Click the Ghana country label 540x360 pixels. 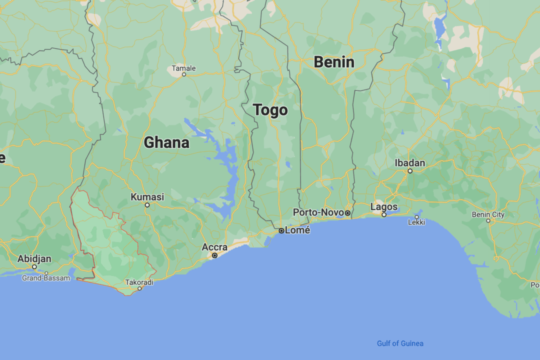click(166, 143)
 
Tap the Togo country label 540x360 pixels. click(270, 110)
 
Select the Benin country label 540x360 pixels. click(334, 62)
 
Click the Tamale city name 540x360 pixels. click(183, 68)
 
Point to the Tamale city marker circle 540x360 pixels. click(184, 74)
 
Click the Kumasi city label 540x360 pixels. click(147, 197)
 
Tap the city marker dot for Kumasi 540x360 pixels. click(147, 205)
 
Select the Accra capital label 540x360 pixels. click(214, 247)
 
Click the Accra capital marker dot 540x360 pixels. click(214, 255)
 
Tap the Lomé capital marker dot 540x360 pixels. click(281, 230)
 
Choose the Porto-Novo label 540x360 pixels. click(318, 212)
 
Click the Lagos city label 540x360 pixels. click(384, 206)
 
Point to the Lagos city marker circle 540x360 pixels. click(384, 214)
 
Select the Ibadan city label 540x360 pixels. click(409, 163)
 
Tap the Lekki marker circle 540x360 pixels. click(416, 217)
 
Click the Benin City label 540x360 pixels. click(488, 214)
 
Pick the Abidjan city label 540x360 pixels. click(34, 258)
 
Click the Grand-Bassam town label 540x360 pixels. click(45, 278)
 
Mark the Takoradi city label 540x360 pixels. click(139, 282)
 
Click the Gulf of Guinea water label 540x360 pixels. click(400, 343)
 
